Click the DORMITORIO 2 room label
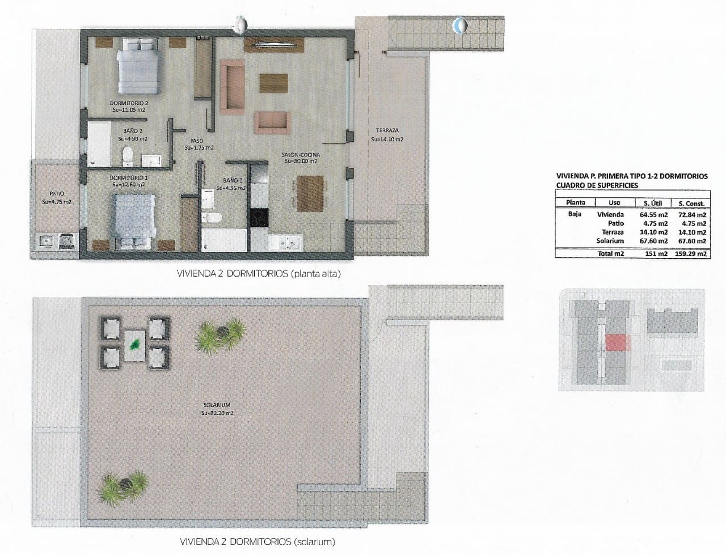pos(128,103)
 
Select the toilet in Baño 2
pos(128,155)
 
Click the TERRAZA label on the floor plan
pos(387,130)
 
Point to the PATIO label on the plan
pos(57,194)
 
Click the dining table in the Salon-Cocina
pos(310,193)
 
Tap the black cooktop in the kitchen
pos(258,218)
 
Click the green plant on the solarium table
pos(135,344)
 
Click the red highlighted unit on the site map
pos(617,343)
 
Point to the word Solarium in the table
pos(610,241)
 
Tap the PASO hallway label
pos(197,141)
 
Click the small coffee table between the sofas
pos(274,83)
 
